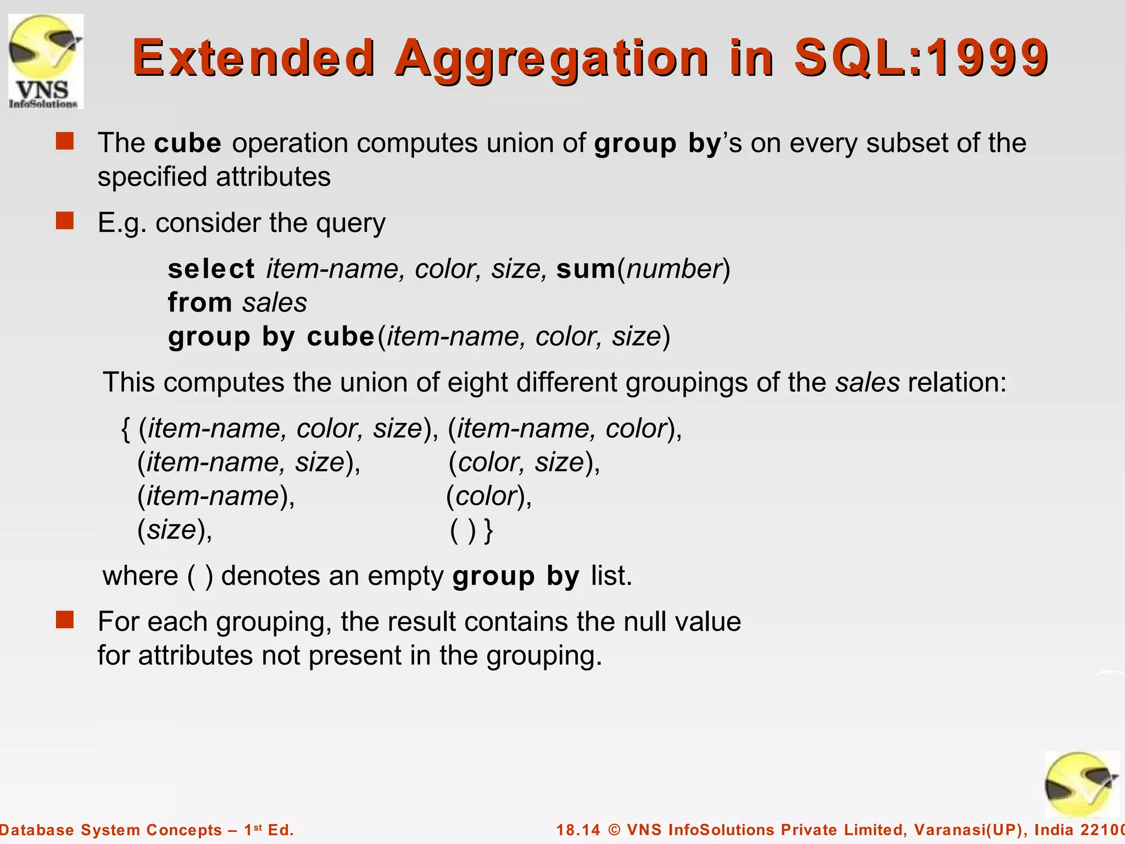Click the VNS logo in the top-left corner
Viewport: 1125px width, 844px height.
pos(46,61)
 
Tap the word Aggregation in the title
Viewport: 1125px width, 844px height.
pos(552,58)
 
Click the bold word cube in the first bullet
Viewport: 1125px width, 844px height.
pos(188,143)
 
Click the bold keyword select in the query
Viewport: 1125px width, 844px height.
pos(211,269)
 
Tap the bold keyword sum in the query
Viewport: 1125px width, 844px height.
pos(586,269)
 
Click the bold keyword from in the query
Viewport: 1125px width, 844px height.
pos(200,303)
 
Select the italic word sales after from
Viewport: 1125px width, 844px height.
pos(275,303)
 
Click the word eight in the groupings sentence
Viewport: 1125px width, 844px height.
pos(477,382)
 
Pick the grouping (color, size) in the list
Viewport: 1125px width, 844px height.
pos(523,462)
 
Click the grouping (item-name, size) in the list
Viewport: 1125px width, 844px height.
pos(248,462)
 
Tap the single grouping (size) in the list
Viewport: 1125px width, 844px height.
pos(174,530)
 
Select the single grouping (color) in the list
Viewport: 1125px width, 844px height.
pos(488,496)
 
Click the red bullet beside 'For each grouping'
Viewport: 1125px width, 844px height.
pos(65,620)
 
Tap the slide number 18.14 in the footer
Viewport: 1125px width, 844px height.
pos(578,830)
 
